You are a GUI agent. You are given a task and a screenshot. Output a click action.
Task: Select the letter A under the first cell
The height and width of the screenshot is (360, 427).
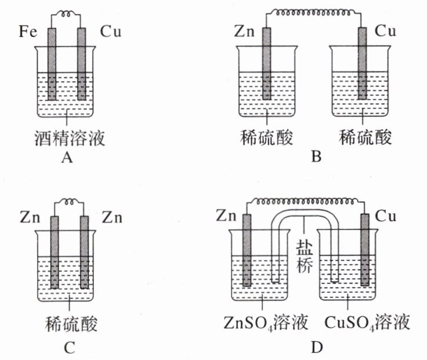tap(66, 157)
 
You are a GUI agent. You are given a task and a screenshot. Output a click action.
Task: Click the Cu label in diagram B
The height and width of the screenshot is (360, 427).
tap(386, 31)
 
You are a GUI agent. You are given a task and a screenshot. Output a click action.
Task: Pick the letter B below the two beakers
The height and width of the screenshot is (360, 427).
tap(315, 157)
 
